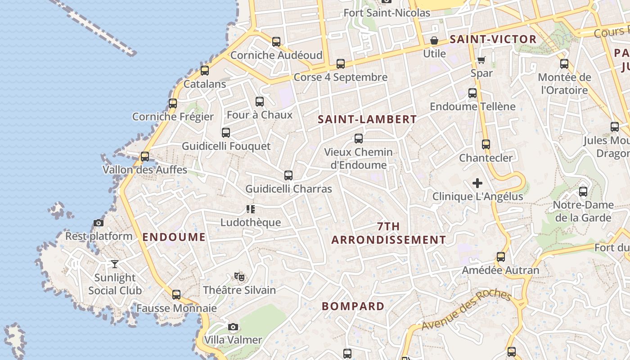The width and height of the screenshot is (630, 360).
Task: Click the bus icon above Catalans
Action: tap(205, 70)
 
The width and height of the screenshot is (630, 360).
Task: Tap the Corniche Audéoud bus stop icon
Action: tap(276, 42)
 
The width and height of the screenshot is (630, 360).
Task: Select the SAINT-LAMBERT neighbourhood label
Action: tap(367, 119)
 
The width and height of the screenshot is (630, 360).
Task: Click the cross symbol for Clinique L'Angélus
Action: tap(477, 183)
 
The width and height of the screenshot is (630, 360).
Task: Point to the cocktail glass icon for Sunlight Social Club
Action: tap(115, 264)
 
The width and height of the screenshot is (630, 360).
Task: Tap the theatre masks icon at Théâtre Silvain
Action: tap(239, 277)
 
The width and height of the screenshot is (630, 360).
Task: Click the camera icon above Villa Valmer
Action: tap(233, 327)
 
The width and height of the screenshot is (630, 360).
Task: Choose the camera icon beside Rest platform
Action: tap(99, 223)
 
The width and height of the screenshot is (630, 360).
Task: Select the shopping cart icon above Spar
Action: tap(481, 60)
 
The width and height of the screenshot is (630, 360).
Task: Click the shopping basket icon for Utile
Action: tap(434, 40)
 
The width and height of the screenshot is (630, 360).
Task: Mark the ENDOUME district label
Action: tap(174, 237)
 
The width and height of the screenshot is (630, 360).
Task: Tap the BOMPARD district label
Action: tap(353, 306)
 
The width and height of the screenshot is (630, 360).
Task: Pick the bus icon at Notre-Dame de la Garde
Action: tap(583, 192)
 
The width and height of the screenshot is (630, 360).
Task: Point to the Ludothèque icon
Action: tap(251, 209)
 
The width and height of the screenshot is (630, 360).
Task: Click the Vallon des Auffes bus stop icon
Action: tap(145, 157)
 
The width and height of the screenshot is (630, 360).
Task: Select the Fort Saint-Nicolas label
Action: tap(387, 13)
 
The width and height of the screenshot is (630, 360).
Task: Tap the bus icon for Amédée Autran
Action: tap(501, 257)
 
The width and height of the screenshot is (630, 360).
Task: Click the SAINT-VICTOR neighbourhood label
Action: tap(493, 40)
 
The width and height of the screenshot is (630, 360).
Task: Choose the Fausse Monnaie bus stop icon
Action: tap(176, 295)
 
